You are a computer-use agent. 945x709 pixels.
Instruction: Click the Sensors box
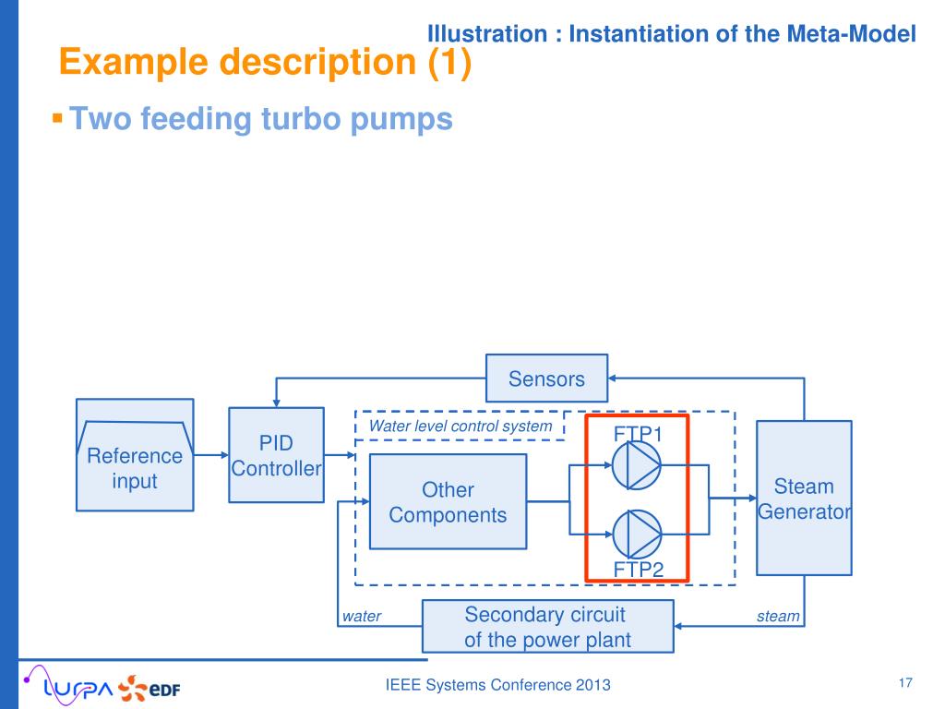click(x=546, y=379)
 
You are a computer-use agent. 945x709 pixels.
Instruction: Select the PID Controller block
click(x=276, y=455)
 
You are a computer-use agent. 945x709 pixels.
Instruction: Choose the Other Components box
click(x=448, y=502)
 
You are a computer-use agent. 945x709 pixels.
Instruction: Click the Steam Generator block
click(x=804, y=498)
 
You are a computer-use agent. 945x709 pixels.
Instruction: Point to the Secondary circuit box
click(x=547, y=627)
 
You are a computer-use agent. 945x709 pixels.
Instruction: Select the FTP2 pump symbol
click(x=637, y=533)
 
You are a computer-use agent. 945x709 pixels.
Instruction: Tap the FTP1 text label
click(x=639, y=434)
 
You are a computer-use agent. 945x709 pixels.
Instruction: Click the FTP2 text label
click(x=639, y=569)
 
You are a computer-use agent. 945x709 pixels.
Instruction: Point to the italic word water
click(x=361, y=617)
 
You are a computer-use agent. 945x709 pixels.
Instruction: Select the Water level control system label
click(x=461, y=427)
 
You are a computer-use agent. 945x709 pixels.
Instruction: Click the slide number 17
click(x=904, y=683)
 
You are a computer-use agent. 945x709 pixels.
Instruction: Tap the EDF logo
click(x=154, y=689)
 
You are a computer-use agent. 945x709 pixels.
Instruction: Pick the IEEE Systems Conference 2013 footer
click(x=498, y=685)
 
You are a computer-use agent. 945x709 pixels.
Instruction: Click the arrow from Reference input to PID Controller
click(x=211, y=455)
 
